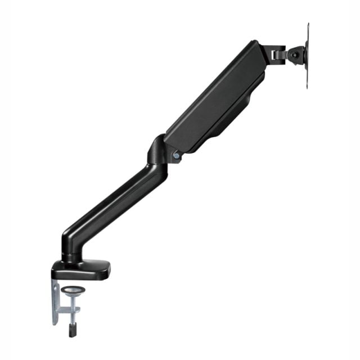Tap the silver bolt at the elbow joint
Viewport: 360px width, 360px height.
pyautogui.click(x=176, y=156)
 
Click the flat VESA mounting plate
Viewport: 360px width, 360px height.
pyautogui.click(x=308, y=55)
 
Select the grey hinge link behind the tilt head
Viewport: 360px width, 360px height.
pyautogui.click(x=277, y=54)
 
